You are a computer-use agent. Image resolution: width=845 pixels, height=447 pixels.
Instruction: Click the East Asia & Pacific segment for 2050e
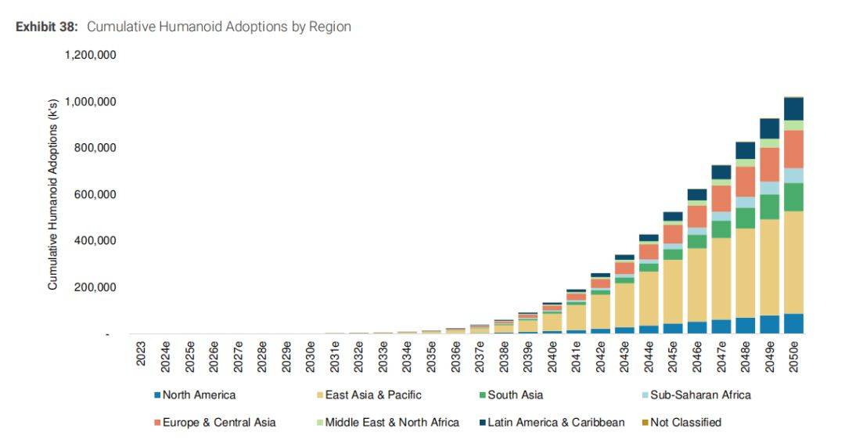coord(793,262)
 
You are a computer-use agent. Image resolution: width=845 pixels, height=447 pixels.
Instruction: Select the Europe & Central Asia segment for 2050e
coord(793,149)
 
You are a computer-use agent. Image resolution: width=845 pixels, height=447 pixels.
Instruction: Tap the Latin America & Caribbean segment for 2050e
coord(793,109)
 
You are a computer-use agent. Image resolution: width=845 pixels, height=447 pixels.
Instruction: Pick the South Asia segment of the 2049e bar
coord(770,207)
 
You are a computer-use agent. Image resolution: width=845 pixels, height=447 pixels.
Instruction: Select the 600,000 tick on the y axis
coord(95,194)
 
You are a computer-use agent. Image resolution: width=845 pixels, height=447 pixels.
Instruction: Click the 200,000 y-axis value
coord(95,287)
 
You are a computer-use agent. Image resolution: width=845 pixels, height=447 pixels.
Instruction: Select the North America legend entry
coord(199,395)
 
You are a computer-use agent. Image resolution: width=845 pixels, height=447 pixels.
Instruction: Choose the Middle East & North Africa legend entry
coord(392,423)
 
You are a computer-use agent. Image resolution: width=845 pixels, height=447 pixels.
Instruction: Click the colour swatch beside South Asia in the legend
coord(482,395)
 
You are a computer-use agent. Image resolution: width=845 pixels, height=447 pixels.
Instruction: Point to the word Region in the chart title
coord(331,27)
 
